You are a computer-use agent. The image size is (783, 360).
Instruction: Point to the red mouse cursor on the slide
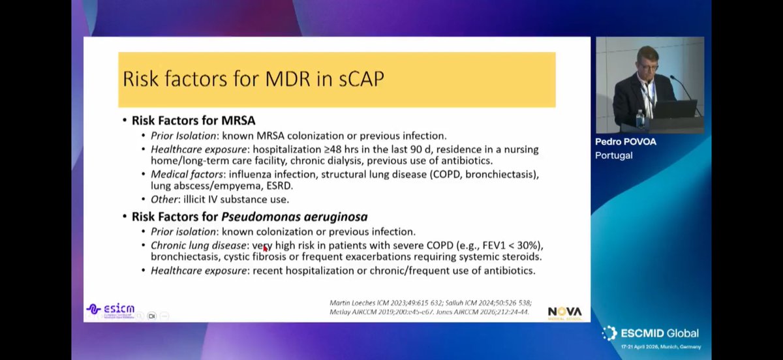pos(264,248)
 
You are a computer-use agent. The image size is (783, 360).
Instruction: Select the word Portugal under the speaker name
pos(614,155)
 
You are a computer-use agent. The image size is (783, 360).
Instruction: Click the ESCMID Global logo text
pos(659,333)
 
